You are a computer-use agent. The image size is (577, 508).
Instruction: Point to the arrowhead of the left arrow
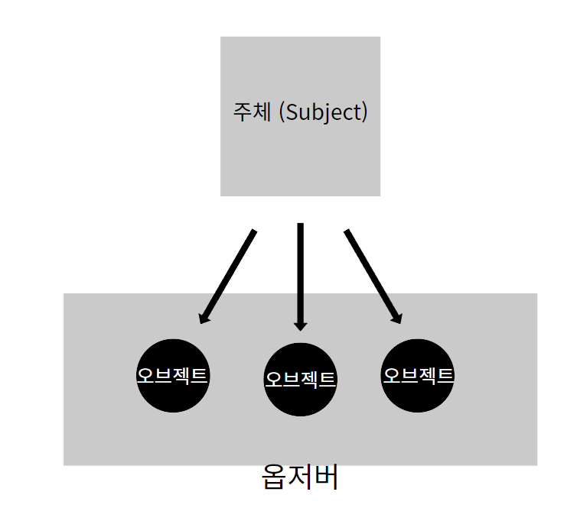pos(204,317)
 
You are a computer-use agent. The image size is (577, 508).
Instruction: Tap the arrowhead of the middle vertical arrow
pos(301,325)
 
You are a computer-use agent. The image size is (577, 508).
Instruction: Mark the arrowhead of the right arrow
pos(396,317)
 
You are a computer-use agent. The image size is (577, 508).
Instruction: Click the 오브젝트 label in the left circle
pos(172,376)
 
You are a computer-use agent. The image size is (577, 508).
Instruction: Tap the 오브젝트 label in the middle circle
pos(300,379)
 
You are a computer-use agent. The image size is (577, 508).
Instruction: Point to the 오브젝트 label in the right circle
pos(418,375)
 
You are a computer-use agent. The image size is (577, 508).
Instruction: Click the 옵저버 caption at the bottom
pos(299,478)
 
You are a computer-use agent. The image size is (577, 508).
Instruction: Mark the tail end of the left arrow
pos(254,231)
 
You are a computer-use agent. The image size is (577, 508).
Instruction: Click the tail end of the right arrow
pos(347,231)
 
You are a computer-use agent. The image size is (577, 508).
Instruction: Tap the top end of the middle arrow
pos(301,225)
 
